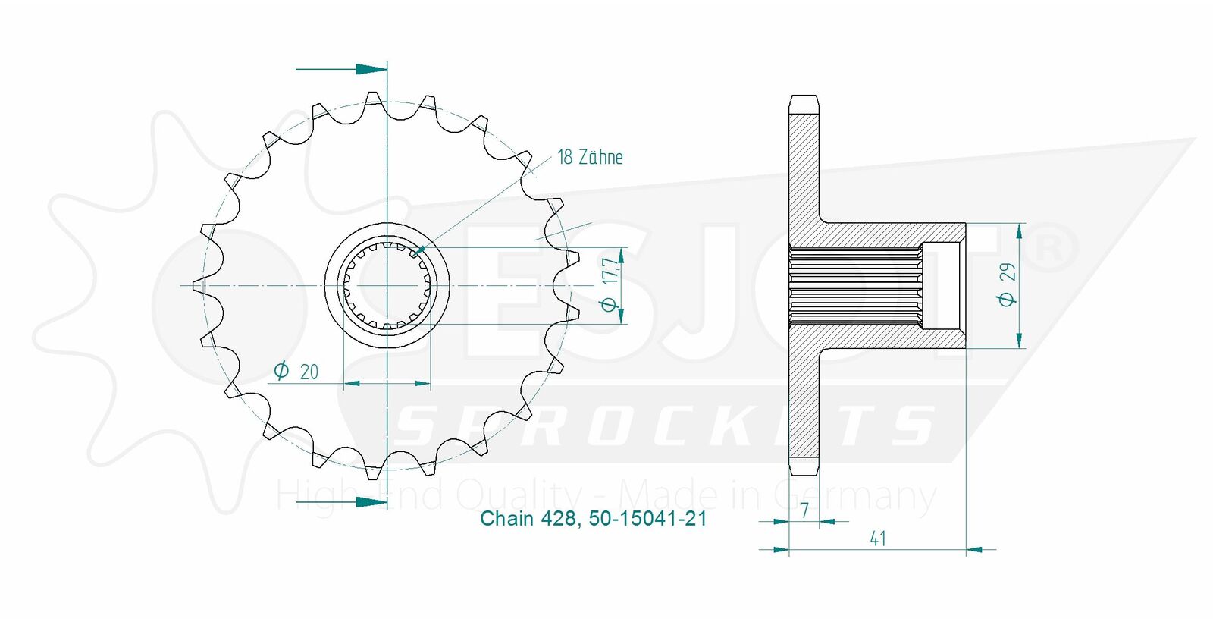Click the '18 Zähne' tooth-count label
pos(591,157)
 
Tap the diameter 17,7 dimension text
pos(610,285)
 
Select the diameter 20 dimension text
pos(296,372)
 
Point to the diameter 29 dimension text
pos(1008,285)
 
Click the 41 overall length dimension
pos(878,539)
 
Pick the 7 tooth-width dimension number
pos(804,510)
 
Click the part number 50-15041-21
pos(647,519)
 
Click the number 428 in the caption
pos(558,519)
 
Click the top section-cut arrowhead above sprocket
pos(371,69)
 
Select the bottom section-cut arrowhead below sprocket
pos(371,502)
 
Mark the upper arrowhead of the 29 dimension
pos(1019,231)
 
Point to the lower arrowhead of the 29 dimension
pos(1019,340)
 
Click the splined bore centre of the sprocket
pos(387,285)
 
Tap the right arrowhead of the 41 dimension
pos(975,549)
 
